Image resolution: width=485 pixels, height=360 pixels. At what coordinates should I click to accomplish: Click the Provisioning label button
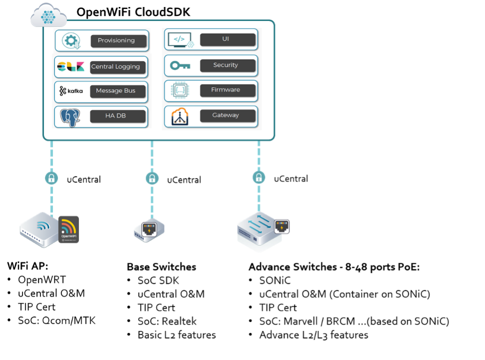[119, 41]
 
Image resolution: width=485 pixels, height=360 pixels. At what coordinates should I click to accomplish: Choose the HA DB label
[118, 116]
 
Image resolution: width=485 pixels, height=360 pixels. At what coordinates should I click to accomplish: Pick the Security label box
[228, 65]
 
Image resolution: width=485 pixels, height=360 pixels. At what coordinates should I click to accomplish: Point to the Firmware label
[228, 90]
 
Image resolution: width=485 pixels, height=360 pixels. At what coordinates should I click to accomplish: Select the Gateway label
[228, 116]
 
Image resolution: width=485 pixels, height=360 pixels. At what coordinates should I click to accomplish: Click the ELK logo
[71, 67]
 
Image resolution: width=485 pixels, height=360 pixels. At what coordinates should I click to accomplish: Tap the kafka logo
[71, 91]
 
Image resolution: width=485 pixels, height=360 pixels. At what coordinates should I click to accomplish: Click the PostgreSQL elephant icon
[71, 117]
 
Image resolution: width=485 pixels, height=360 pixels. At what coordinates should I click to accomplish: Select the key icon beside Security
[180, 65]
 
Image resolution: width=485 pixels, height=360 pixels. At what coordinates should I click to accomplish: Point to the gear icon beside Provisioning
[71, 41]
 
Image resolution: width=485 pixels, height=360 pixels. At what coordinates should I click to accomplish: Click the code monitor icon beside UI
[180, 39]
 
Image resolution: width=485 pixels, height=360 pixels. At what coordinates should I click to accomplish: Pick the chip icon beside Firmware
[180, 90]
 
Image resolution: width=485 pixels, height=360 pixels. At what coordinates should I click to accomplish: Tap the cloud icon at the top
[48, 16]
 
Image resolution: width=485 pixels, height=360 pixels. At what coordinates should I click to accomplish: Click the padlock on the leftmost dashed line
[51, 178]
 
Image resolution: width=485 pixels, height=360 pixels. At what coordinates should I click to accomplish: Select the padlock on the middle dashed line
[152, 178]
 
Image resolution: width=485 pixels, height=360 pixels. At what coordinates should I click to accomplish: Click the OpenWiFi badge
[69, 229]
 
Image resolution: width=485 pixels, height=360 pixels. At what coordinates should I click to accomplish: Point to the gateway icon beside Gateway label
[180, 116]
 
